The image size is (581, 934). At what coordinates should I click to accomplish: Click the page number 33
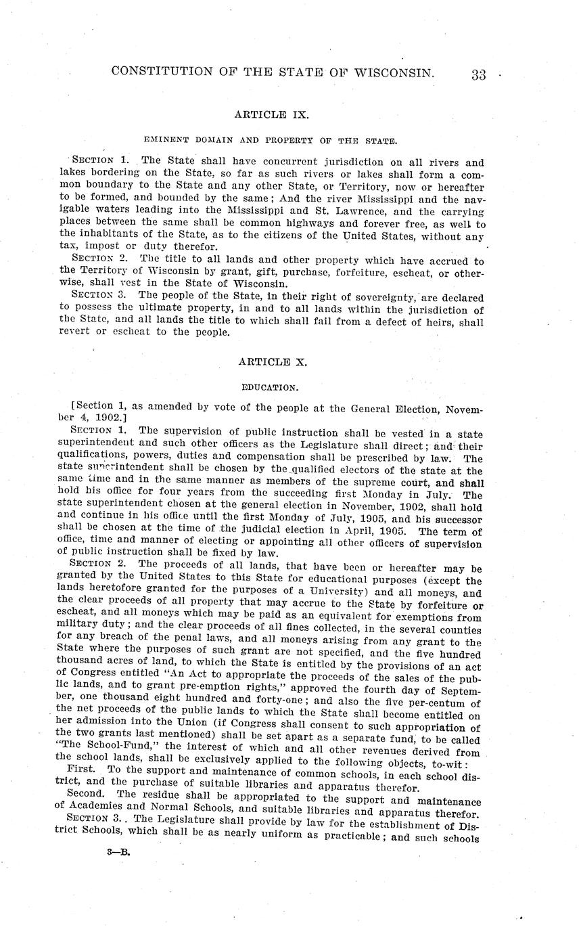[478, 74]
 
